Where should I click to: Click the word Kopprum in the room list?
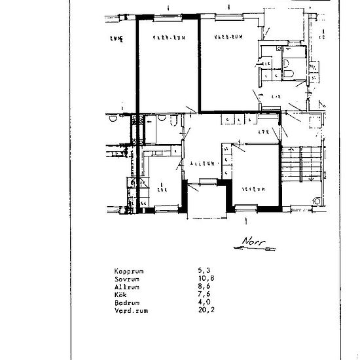129,270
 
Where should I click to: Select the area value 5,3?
204,270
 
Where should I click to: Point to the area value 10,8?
206,278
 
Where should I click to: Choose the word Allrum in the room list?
126,286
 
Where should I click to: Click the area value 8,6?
204,286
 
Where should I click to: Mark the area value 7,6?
204,295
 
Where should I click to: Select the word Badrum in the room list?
126,302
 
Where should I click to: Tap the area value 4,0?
204,302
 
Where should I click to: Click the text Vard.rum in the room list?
130,311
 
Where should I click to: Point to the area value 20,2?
206,311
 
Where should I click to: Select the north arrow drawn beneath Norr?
251,249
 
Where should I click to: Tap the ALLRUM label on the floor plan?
203,163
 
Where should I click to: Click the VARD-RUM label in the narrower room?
164,38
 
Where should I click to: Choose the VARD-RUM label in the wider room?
230,38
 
